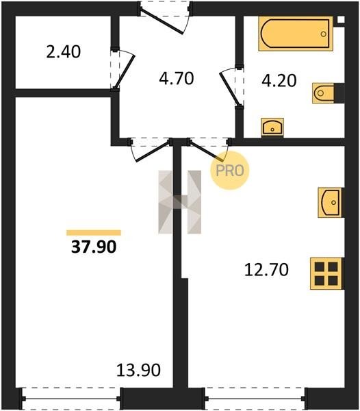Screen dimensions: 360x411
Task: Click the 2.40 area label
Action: click(x=64, y=51)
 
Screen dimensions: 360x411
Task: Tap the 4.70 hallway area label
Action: click(x=176, y=78)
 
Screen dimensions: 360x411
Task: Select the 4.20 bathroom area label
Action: click(x=279, y=80)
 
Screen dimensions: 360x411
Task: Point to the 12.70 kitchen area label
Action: click(x=266, y=270)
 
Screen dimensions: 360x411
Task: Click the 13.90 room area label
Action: click(x=138, y=370)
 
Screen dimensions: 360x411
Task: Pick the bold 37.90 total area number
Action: click(x=94, y=247)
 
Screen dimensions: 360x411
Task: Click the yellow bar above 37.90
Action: click(x=94, y=233)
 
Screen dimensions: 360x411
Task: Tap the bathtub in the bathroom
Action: click(x=296, y=34)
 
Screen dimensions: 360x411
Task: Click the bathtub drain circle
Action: click(x=324, y=34)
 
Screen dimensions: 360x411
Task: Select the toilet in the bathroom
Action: click(x=323, y=93)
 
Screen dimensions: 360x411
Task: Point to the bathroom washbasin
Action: click(x=272, y=127)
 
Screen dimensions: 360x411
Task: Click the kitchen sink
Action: click(x=330, y=202)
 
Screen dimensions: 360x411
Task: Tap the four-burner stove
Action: click(x=326, y=273)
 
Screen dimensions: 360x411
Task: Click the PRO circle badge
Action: click(x=229, y=171)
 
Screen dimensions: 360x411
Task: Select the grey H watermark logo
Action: click(x=180, y=202)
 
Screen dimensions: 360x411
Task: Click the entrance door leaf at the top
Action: click(x=162, y=21)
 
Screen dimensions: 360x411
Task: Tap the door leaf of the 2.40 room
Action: click(x=125, y=71)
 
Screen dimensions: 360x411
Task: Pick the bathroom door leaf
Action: click(x=229, y=89)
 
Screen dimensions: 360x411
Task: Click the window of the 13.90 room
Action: click(x=70, y=399)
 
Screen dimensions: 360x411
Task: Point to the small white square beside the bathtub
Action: click(x=341, y=20)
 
